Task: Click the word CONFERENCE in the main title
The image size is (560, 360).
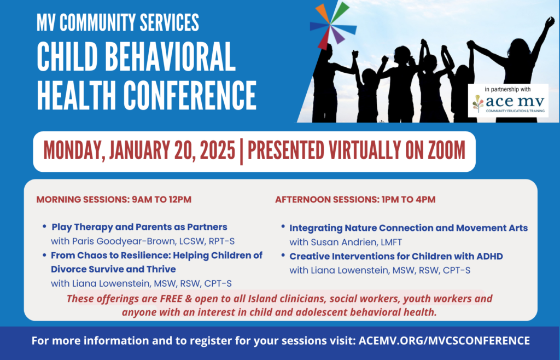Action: tap(190, 95)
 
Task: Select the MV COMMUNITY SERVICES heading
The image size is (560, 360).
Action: tap(118, 22)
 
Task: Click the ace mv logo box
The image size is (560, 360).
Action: tap(508, 100)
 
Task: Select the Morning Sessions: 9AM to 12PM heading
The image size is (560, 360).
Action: tap(114, 199)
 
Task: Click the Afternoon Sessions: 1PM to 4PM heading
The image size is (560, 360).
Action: tap(355, 199)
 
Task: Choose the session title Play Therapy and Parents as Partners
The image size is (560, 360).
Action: tap(139, 227)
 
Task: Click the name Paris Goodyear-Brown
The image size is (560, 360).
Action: tap(124, 241)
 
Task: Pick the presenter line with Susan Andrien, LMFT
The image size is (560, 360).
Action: tap(346, 242)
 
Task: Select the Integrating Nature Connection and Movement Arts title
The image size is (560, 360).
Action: tap(409, 228)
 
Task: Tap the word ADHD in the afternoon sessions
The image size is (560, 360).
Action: tap(489, 257)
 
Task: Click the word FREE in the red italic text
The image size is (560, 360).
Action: tap(171, 298)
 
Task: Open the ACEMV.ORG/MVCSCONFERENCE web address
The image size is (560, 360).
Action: tap(444, 340)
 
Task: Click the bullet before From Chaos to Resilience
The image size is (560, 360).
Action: tap(44, 255)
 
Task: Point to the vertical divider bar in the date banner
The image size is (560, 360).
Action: tap(241, 152)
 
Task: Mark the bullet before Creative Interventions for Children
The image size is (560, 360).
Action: tap(283, 255)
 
